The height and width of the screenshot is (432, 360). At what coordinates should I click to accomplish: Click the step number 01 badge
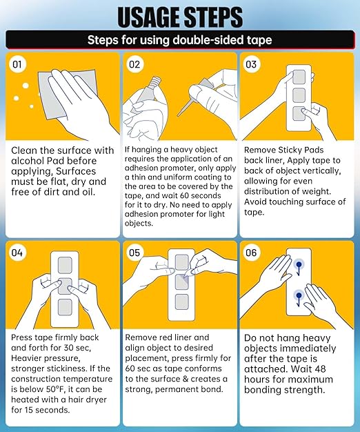17,64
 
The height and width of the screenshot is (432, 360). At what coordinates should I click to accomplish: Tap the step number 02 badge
134,64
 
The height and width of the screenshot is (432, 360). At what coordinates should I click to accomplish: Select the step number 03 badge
251,64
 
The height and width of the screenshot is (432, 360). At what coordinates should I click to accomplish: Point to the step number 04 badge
17,253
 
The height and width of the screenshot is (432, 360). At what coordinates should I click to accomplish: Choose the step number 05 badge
134,253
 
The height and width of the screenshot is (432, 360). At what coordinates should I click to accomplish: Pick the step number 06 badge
251,253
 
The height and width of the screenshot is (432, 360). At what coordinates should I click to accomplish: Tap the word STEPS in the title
213,17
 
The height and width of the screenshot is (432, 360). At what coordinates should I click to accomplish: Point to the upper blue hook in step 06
299,267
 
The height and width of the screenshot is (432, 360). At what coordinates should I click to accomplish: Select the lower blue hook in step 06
299,298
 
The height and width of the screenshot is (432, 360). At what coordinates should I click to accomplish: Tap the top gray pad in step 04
65,265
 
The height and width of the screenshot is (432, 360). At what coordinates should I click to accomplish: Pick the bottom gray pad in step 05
181,302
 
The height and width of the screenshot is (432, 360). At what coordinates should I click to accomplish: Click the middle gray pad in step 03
299,95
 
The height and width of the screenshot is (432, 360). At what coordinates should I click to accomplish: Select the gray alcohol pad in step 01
68,94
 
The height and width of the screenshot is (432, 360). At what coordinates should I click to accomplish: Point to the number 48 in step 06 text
319,369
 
